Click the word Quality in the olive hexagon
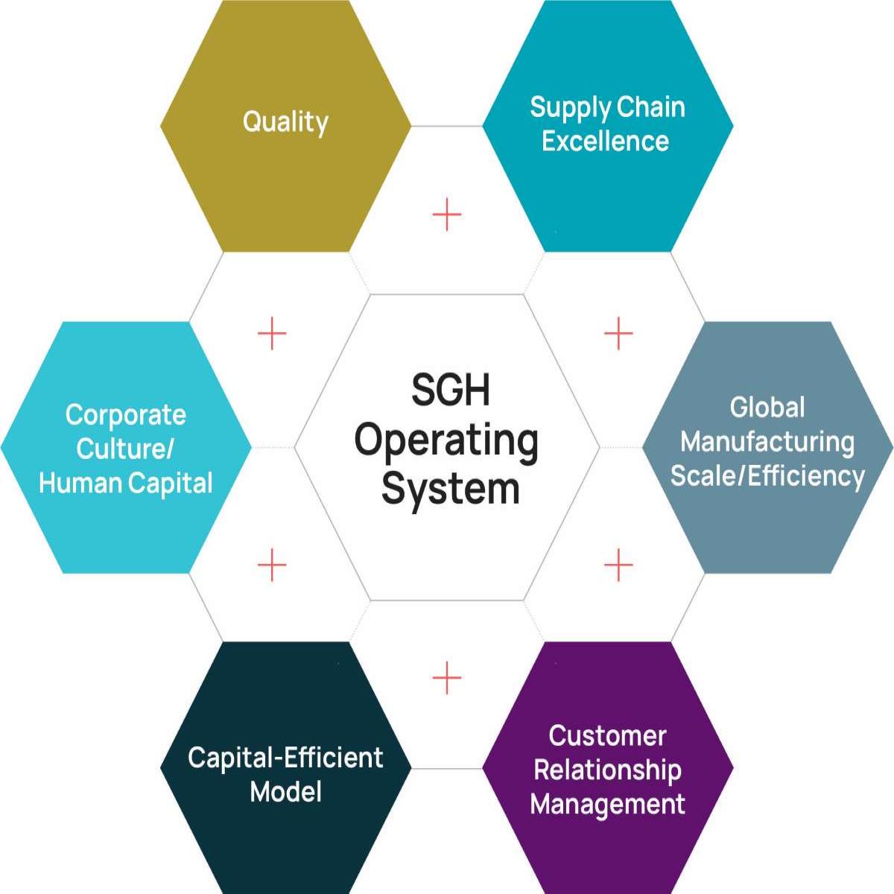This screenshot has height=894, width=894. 285,122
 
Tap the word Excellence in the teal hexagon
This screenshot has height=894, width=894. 605,141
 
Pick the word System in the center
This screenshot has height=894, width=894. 450,489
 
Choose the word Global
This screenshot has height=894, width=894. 767,408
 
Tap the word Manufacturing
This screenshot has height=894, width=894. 767,442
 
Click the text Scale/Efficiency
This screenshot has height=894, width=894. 767,475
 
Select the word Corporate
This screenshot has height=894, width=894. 125,415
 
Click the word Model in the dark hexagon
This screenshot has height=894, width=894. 285,791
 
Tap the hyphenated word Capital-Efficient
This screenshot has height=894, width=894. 285,758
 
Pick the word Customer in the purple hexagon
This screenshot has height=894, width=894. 607,736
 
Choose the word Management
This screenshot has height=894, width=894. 607,805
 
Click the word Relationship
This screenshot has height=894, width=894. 607,770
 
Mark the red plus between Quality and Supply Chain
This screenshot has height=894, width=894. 447,215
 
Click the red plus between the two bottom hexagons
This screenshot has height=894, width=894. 447,677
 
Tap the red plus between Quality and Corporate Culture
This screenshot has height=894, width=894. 272,333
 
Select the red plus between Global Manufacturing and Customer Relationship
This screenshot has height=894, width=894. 618,565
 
